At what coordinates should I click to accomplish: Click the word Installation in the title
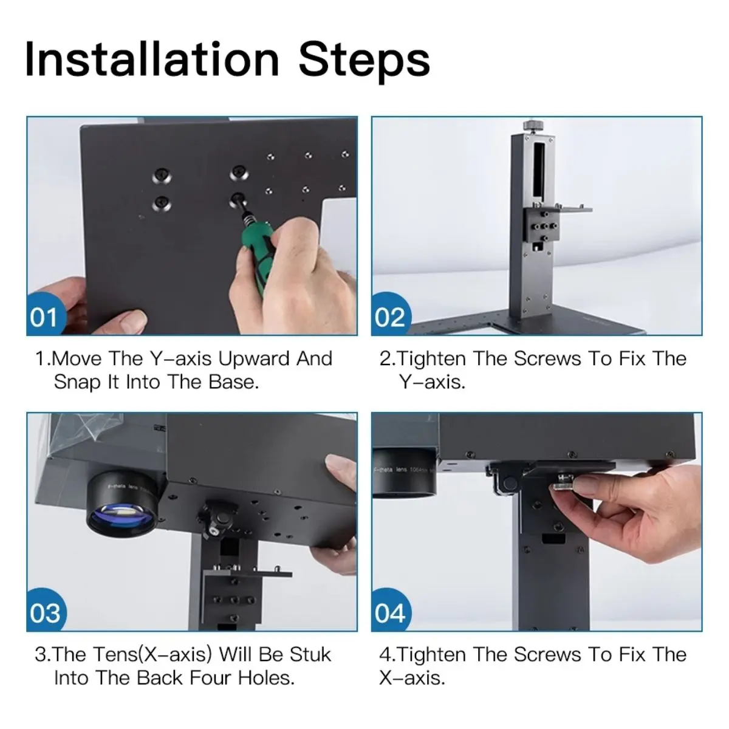[152, 60]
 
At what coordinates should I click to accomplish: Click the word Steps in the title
[364, 62]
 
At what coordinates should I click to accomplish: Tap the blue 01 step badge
[46, 315]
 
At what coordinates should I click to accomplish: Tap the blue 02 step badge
[391, 315]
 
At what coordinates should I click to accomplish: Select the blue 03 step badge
[46, 610]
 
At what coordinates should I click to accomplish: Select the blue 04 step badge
[391, 610]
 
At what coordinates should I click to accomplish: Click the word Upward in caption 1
[254, 359]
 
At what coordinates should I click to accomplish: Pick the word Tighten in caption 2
[432, 359]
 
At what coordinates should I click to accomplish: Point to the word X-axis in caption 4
[412, 679]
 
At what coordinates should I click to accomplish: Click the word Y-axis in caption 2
[432, 383]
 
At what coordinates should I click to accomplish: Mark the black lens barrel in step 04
[405, 472]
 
